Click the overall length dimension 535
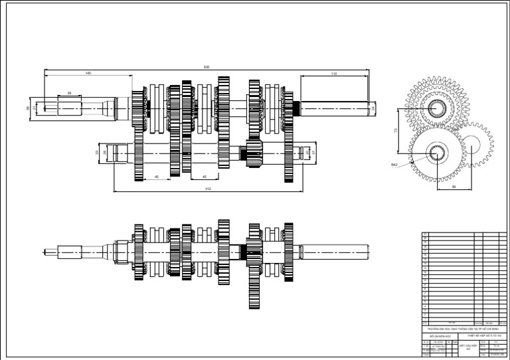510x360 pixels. (207, 67)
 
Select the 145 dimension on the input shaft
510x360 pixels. (88, 72)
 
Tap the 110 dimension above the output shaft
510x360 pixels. (333, 74)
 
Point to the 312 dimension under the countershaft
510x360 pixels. (208, 189)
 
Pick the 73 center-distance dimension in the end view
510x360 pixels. (396, 131)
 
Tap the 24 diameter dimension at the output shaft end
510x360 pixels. (373, 106)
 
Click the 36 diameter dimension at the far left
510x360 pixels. (28, 108)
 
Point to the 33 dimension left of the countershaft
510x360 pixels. (97, 153)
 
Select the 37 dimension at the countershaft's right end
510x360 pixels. (314, 153)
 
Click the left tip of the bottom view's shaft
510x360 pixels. (45, 252)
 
